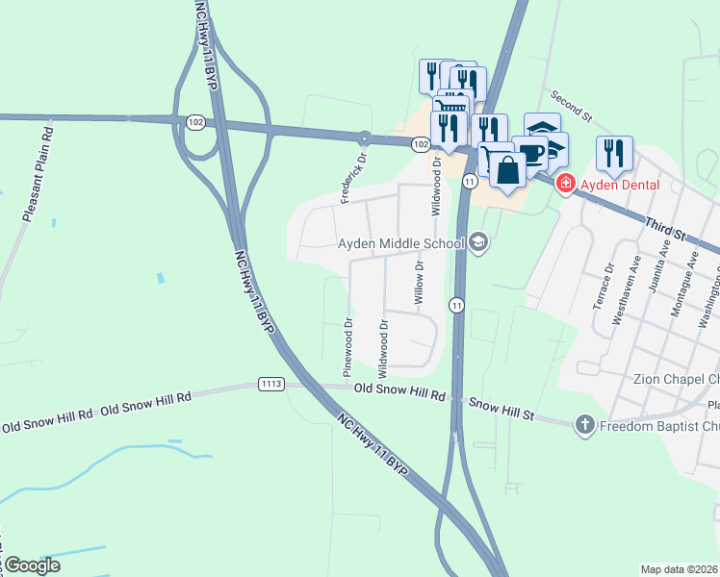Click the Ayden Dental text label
[x=619, y=186]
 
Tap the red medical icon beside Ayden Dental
[x=565, y=183]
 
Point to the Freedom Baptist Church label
[x=659, y=426]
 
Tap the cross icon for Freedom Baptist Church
[x=584, y=425]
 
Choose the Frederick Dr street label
[x=353, y=177]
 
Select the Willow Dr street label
[x=419, y=282]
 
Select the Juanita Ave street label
[x=662, y=265]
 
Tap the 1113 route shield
[x=271, y=385]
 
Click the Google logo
[x=32, y=565]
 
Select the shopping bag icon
[x=507, y=170]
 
